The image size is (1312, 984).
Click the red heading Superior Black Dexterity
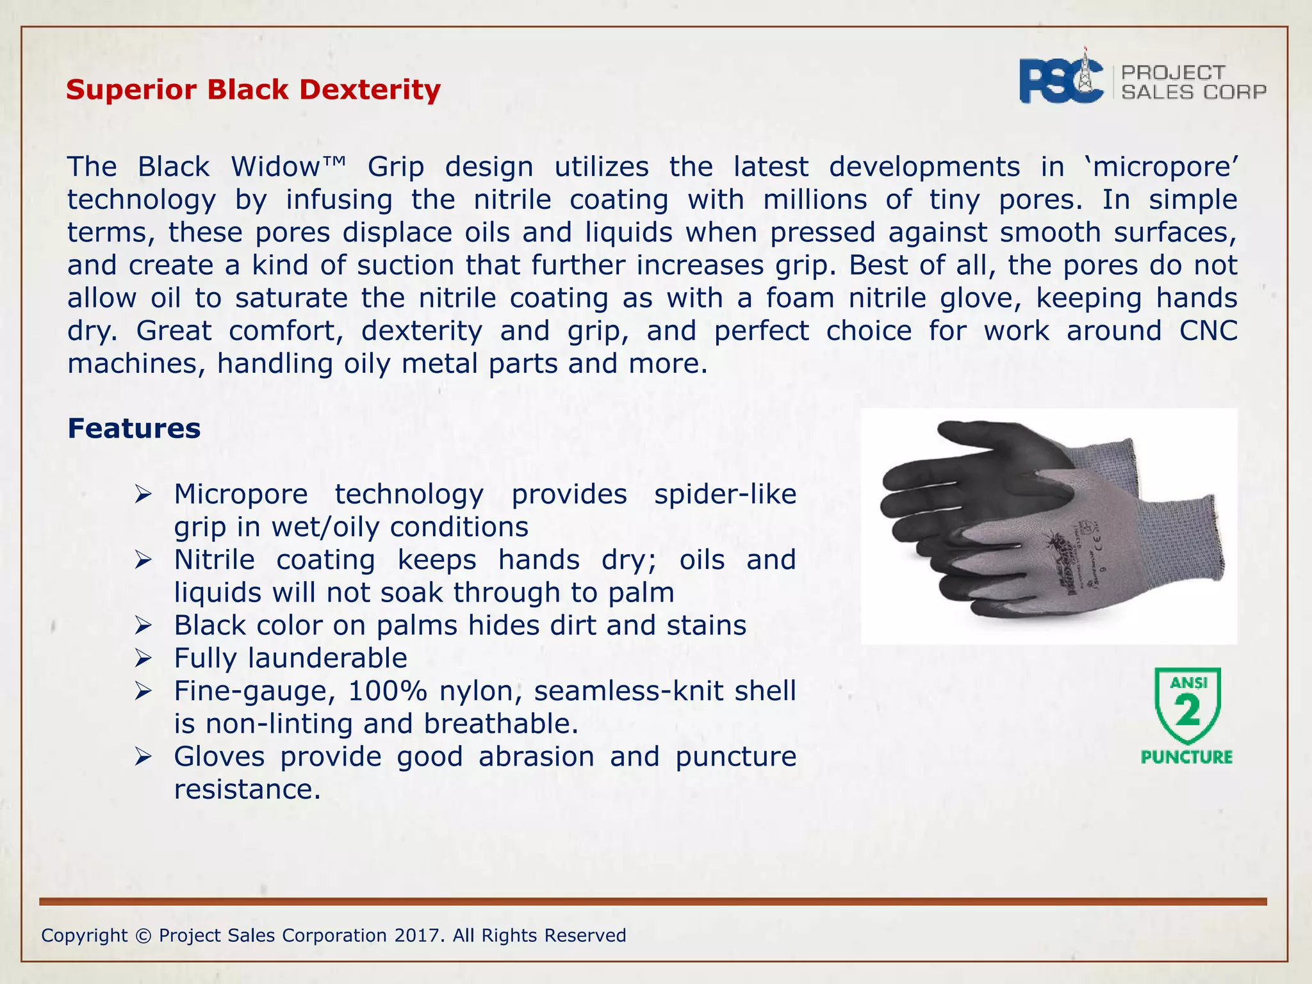(253, 90)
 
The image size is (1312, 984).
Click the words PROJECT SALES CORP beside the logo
(1193, 83)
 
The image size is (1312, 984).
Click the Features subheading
(134, 429)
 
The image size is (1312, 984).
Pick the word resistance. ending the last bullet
(247, 789)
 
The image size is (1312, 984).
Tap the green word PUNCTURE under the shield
(1186, 757)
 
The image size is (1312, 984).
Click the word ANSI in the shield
(1188, 683)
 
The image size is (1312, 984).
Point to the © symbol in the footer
(143, 935)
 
